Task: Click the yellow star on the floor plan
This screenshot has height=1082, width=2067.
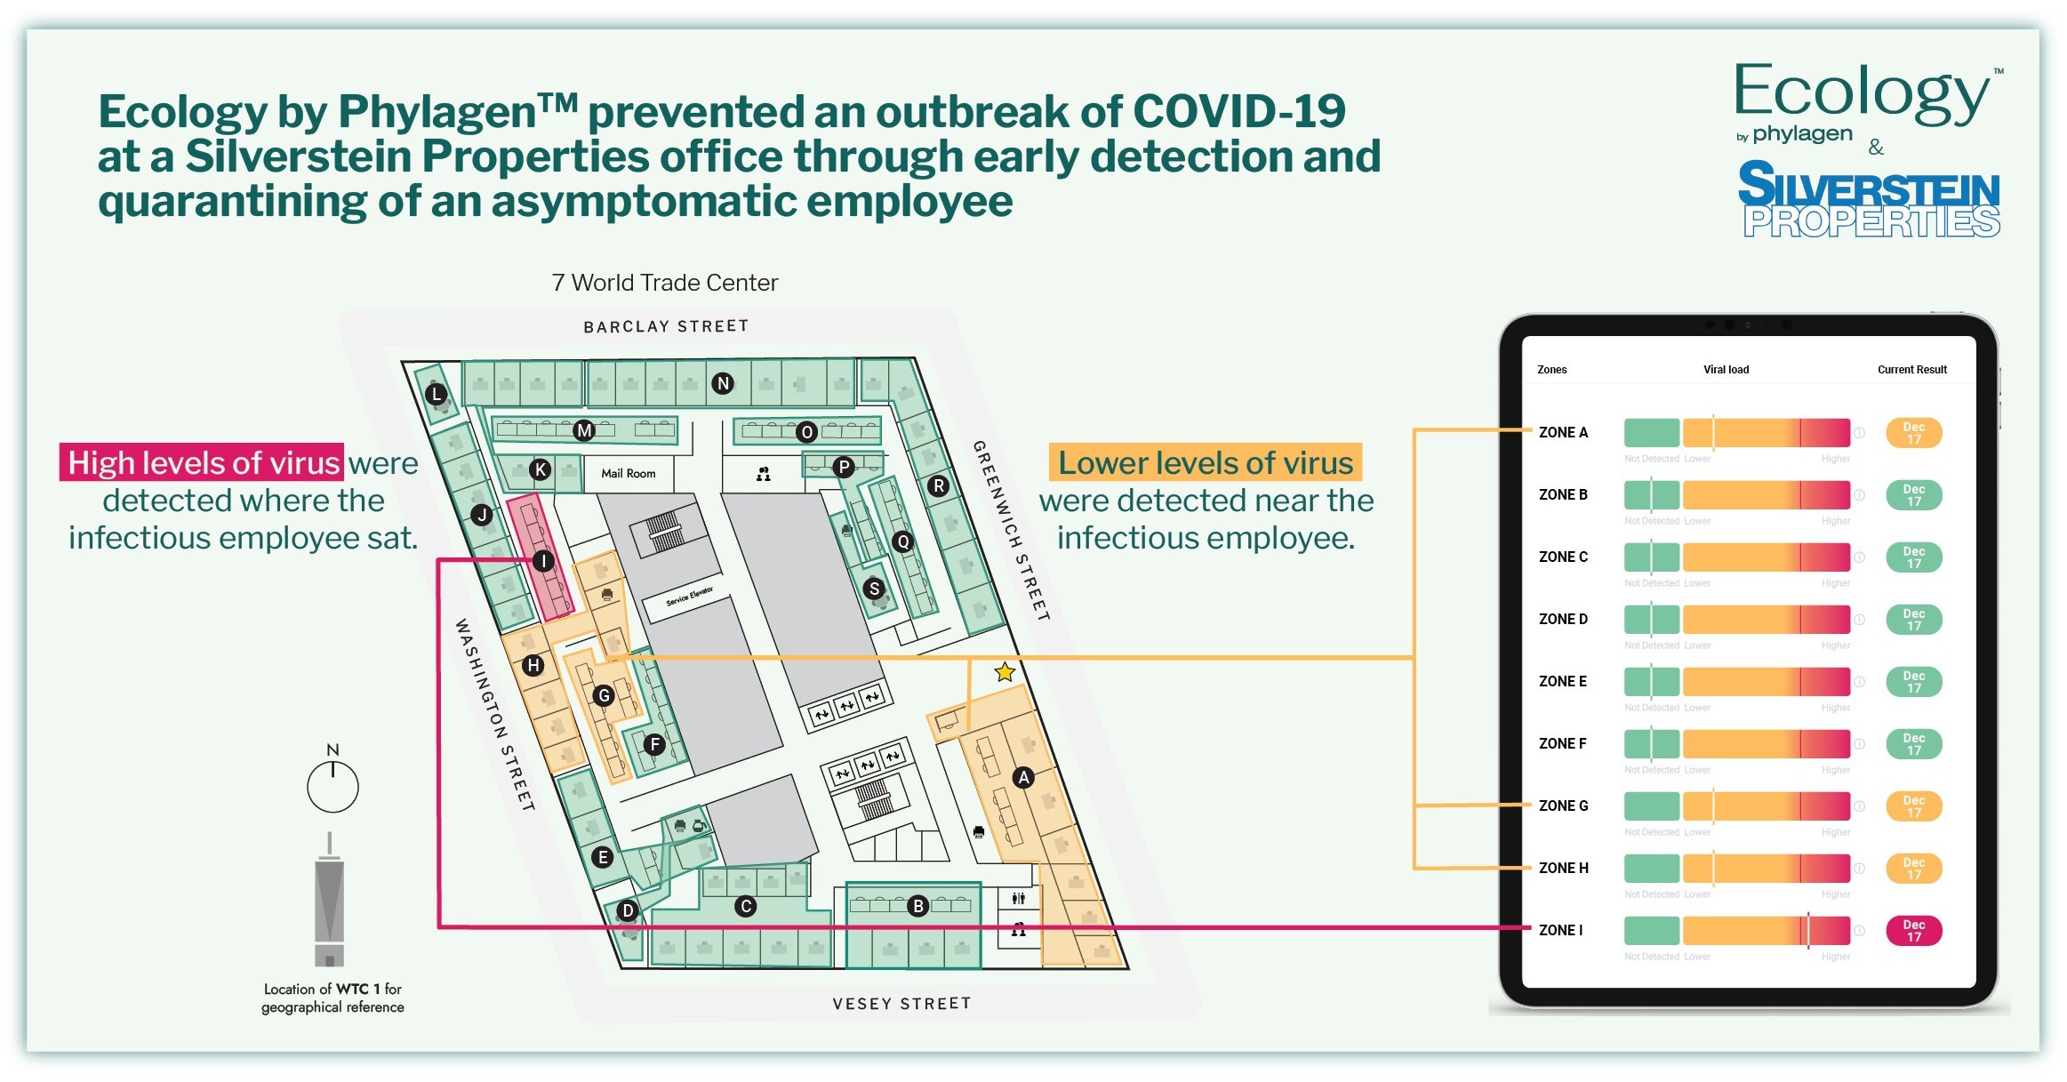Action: point(1005,672)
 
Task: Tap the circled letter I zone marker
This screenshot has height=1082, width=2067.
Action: point(543,561)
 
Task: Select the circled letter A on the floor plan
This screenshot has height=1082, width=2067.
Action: point(1023,777)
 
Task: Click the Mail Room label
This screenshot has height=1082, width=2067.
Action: point(628,474)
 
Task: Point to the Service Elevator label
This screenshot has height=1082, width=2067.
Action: point(689,596)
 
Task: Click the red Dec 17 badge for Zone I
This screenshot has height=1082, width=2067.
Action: point(1913,931)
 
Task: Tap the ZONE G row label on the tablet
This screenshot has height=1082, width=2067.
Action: point(1563,806)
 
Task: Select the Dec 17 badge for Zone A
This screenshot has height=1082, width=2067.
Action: point(1913,433)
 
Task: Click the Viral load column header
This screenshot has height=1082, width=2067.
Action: point(1726,370)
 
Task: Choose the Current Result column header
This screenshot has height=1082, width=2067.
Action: point(1911,370)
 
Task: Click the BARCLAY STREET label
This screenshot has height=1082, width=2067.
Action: point(666,326)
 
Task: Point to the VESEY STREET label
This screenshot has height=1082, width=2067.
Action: point(901,1004)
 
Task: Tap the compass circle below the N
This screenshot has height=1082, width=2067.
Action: point(332,787)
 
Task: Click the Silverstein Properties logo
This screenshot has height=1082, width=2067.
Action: point(1871,200)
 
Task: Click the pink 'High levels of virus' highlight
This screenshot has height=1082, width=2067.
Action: point(202,462)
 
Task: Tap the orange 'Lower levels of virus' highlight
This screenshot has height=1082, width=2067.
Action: point(1205,462)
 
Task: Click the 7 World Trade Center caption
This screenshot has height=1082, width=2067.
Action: point(664,283)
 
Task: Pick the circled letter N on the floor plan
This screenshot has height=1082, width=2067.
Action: point(723,383)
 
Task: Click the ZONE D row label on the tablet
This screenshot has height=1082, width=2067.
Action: point(1563,620)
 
